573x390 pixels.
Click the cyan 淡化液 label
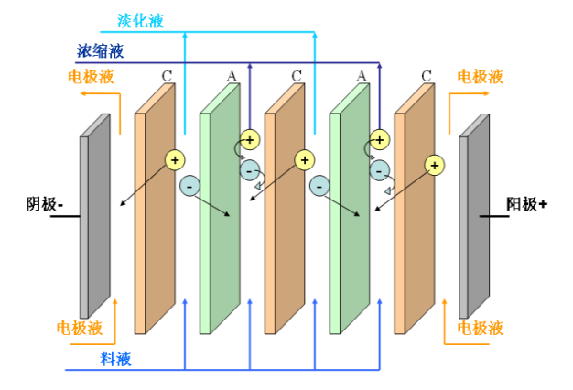click(x=141, y=21)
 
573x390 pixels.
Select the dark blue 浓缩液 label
click(x=101, y=51)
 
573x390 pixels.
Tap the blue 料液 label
click(x=116, y=358)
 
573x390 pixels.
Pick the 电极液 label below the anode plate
click(x=480, y=328)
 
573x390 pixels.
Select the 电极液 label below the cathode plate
click(x=80, y=328)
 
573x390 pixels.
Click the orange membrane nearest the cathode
click(x=154, y=220)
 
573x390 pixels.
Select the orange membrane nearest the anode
click(x=414, y=220)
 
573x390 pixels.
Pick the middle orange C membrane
click(x=284, y=220)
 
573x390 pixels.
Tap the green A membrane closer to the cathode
click(x=219, y=220)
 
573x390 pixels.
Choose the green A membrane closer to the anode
click(x=349, y=220)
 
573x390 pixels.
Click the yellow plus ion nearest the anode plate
click(x=434, y=165)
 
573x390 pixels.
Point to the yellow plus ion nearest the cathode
click(x=175, y=159)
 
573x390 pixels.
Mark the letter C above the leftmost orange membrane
click(x=167, y=76)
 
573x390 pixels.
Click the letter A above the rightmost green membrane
click(x=362, y=76)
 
